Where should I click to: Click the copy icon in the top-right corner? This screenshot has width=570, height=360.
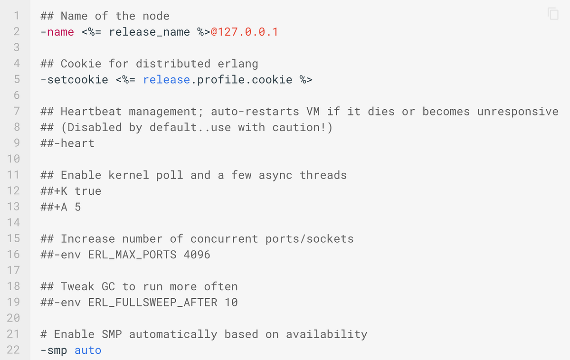[x=553, y=14]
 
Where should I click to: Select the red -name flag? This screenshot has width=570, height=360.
[x=57, y=32]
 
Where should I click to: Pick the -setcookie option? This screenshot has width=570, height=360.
[x=75, y=80]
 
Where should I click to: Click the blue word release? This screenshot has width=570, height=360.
[x=166, y=80]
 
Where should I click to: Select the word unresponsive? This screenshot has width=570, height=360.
[x=518, y=112]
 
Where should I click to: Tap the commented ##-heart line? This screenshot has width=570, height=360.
[x=67, y=143]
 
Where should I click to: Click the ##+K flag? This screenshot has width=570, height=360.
[x=54, y=191]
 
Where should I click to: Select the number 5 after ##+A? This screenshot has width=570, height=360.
[x=78, y=207]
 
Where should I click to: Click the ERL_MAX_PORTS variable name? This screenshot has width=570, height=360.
[x=132, y=255]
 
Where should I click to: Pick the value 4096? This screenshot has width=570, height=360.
[x=197, y=255]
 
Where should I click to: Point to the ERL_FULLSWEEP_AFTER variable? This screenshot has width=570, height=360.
[x=152, y=303]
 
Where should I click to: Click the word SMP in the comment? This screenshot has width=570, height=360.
[x=112, y=334]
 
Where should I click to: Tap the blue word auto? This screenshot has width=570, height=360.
[x=88, y=351]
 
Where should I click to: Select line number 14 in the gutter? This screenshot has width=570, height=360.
[x=13, y=223]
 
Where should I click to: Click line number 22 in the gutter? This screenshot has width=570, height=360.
[x=13, y=351]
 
